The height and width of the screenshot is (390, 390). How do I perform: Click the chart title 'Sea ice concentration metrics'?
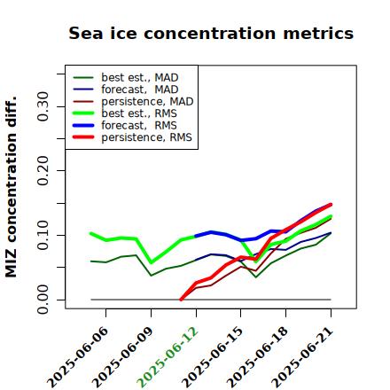point(211,33)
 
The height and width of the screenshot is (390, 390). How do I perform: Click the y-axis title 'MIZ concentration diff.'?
point(11,187)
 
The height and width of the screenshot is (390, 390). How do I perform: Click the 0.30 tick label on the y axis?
point(43,106)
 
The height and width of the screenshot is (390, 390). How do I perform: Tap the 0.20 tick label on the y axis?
point(43,171)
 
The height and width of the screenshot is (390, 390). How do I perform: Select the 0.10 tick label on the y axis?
point(43,235)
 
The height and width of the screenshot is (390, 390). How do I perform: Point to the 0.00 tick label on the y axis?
point(43,300)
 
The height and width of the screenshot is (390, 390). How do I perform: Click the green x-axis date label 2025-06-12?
point(168,357)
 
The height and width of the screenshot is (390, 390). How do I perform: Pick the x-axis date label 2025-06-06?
point(77,357)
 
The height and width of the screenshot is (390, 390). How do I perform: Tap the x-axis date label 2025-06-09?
point(122,357)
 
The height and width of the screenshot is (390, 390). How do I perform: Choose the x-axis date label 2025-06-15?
point(212,357)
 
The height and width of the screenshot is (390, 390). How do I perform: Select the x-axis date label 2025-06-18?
point(257,357)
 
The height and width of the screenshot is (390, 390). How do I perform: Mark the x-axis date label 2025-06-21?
point(302,357)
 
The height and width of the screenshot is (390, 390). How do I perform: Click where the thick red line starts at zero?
point(181,300)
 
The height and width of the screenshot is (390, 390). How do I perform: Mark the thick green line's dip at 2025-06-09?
point(152,262)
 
